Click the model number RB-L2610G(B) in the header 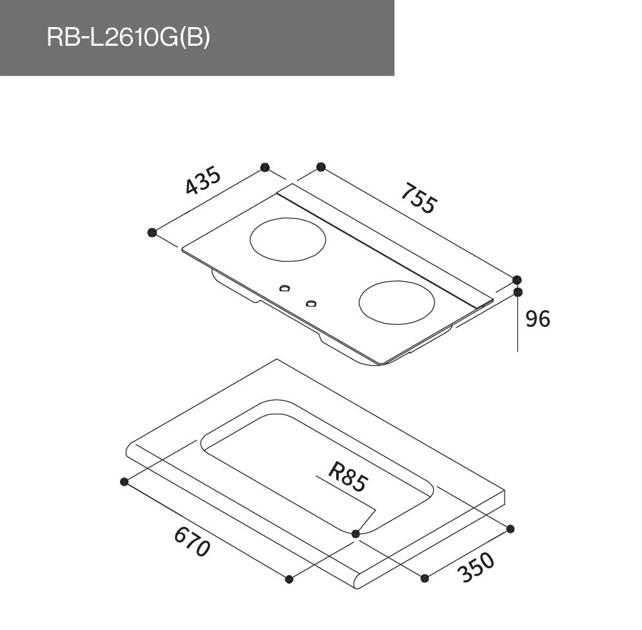128,38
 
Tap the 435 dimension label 203,181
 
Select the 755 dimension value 419,199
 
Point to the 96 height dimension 537,319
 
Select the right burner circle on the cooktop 396,303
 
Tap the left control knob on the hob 284,288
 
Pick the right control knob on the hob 311,304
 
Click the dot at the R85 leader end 356,533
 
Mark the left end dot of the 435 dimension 152,232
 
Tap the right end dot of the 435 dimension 264,168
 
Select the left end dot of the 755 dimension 320,168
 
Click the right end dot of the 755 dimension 517,280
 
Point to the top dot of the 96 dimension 517,292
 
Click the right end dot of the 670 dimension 289,578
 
